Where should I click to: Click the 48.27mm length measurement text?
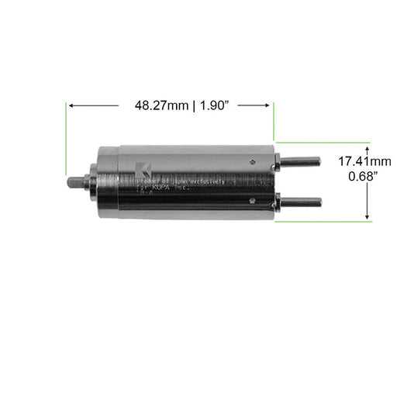point(161,105)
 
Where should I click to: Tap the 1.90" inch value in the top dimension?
point(217,105)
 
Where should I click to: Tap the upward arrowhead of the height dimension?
point(366,147)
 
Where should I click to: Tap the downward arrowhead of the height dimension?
point(366,216)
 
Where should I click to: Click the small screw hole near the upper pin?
point(253,162)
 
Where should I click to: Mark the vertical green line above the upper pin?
point(274,124)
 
